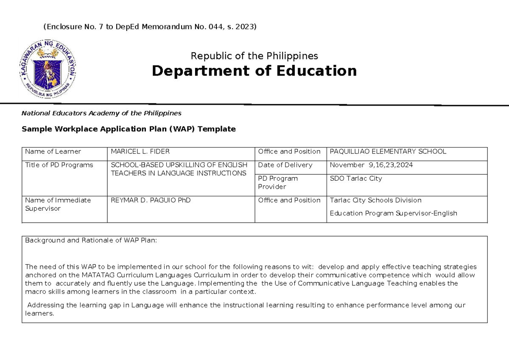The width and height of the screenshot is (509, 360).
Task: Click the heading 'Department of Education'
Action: click(254, 71)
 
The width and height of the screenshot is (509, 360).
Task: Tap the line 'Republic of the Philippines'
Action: click(254, 56)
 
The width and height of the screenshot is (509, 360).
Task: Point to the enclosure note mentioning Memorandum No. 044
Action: click(150, 27)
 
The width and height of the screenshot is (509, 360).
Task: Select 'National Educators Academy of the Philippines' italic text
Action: click(101, 113)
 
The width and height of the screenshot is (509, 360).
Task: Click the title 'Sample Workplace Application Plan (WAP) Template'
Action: click(129, 129)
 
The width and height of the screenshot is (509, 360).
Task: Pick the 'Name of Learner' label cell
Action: click(53, 151)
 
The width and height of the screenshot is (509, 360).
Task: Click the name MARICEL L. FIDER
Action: click(134, 151)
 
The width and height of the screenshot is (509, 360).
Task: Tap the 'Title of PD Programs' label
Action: click(59, 165)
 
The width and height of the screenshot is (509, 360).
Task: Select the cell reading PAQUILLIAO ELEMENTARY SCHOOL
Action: click(388, 151)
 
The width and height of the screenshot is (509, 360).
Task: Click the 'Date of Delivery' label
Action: click(285, 165)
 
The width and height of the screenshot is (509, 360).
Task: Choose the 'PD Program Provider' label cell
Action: click(278, 182)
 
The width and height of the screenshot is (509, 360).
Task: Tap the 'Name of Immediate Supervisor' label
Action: click(58, 204)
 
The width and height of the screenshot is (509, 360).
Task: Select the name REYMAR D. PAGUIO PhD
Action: click(151, 200)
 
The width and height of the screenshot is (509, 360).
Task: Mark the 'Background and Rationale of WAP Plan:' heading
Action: click(91, 240)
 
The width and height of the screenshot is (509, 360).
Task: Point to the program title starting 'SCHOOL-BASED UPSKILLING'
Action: click(179, 169)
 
